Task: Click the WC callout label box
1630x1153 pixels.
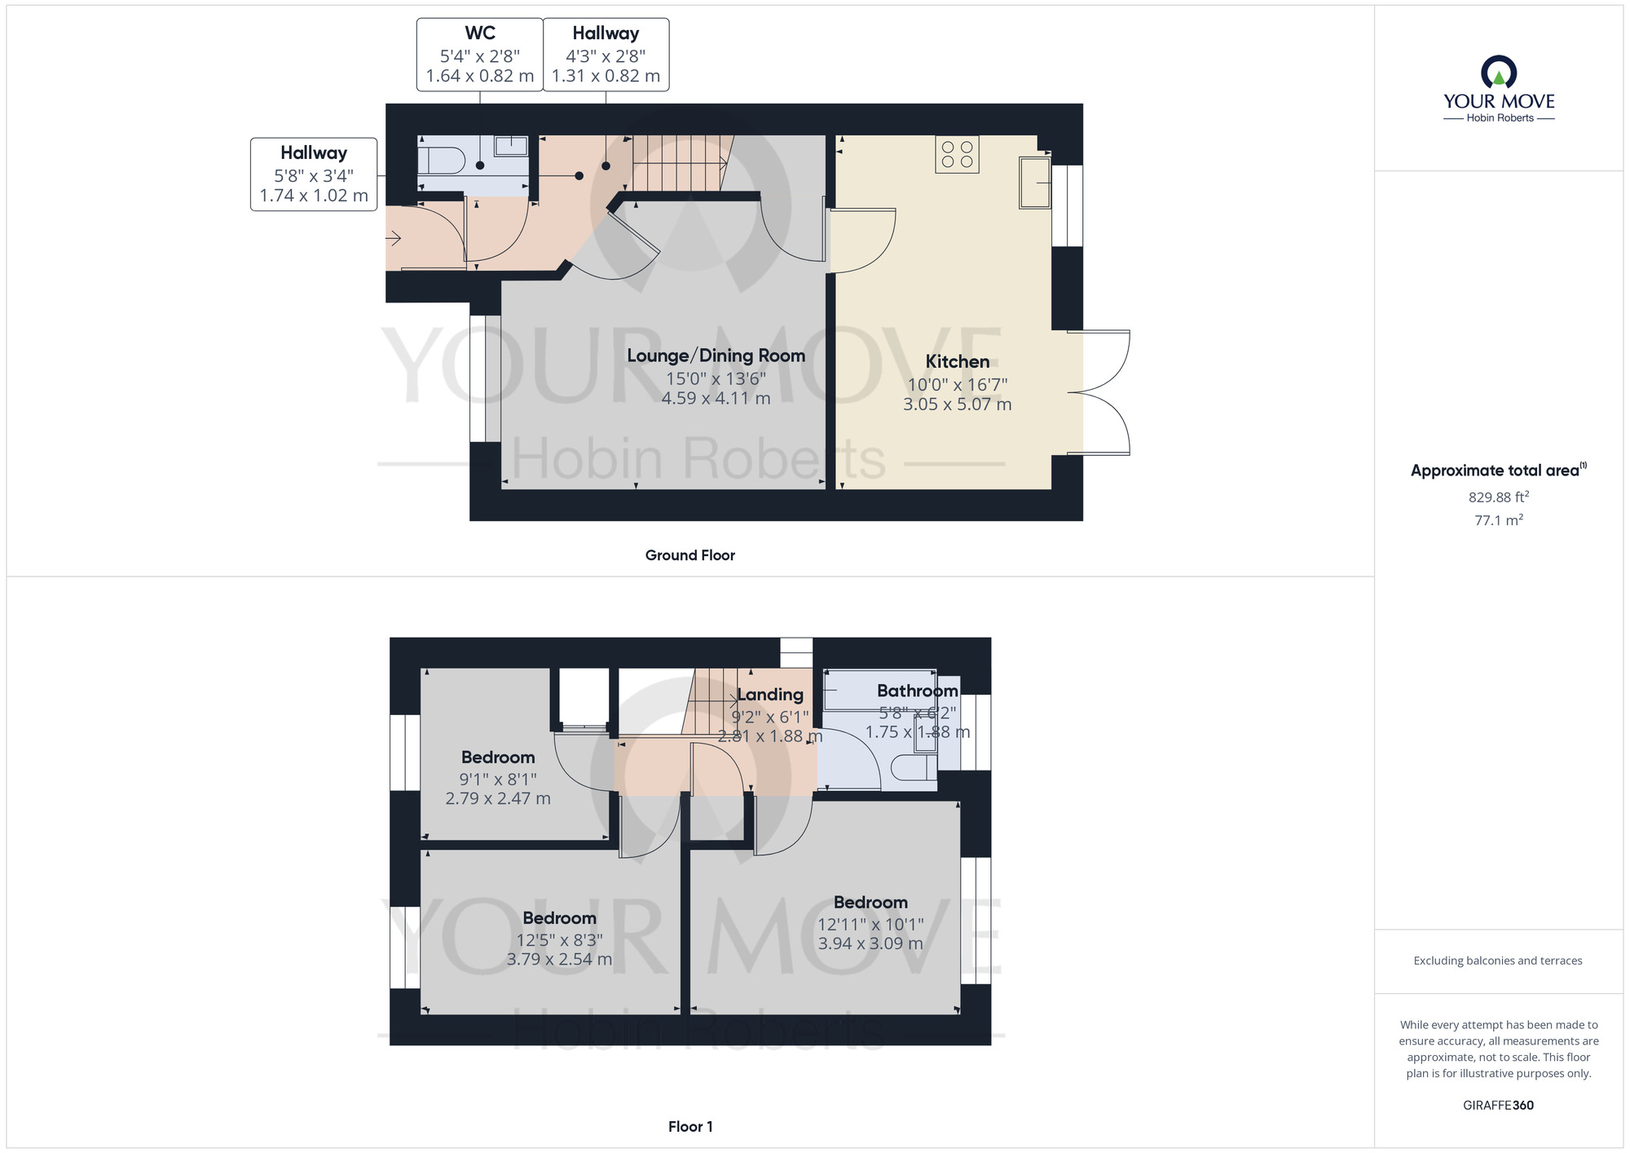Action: (x=479, y=55)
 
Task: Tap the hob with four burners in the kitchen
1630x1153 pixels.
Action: (x=957, y=154)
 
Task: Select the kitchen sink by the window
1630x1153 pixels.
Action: (x=1035, y=183)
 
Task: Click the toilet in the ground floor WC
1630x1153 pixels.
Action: (x=441, y=159)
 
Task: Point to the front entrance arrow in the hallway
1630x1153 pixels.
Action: (x=394, y=238)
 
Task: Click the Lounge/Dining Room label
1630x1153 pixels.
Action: (x=716, y=356)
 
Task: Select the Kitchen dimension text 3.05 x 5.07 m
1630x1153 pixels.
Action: (x=957, y=404)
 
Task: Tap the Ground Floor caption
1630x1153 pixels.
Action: (x=689, y=555)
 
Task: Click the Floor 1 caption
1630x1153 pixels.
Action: (x=689, y=1127)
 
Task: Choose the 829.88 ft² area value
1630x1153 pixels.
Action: (x=1498, y=497)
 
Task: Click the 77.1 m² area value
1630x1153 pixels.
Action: (x=1498, y=520)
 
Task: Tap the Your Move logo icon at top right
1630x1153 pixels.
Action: (x=1498, y=73)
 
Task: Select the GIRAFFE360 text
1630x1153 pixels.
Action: (x=1498, y=1106)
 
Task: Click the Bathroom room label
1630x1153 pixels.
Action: (x=917, y=691)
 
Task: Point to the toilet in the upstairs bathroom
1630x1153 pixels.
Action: (x=913, y=767)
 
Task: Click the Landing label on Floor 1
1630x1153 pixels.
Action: (x=770, y=695)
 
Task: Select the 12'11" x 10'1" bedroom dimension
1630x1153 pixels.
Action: (x=870, y=924)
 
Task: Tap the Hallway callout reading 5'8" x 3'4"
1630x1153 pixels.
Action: (x=314, y=174)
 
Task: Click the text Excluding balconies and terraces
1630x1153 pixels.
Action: (x=1498, y=961)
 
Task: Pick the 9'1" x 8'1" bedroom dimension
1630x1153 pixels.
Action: (x=497, y=780)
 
